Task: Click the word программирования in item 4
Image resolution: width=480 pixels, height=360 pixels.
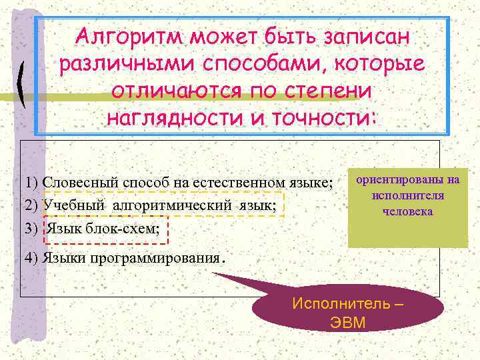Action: point(165,258)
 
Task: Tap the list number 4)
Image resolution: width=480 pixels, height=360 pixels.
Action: point(31,258)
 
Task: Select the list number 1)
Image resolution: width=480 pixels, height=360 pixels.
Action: point(31,183)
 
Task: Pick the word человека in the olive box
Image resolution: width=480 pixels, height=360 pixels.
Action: point(408,212)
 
